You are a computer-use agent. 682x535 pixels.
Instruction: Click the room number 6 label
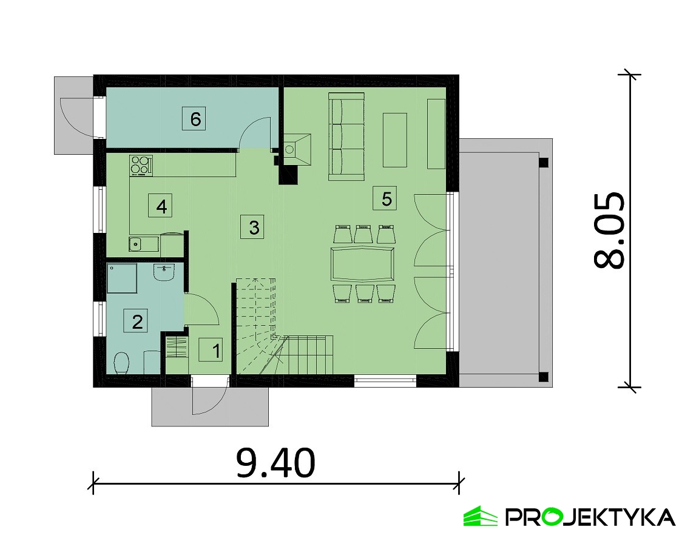point(195,119)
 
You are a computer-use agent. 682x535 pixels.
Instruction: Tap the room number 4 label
point(161,206)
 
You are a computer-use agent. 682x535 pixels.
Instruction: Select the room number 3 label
point(254,227)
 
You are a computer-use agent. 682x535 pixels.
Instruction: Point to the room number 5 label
point(385,198)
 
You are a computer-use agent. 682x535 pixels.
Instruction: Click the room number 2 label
point(135,321)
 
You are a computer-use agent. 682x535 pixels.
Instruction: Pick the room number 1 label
point(211,350)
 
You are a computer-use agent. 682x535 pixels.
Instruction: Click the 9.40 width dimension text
point(275,463)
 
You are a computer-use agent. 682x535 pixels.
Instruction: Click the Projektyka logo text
point(590,517)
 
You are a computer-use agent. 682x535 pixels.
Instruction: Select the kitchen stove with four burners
point(141,166)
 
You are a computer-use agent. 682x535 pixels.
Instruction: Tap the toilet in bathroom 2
point(121,363)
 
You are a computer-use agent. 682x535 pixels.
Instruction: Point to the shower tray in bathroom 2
point(122,278)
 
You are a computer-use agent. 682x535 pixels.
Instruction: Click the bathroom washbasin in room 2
point(164,272)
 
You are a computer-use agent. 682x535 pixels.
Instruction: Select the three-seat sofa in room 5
point(346,136)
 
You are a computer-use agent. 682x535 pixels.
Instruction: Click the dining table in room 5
point(362,264)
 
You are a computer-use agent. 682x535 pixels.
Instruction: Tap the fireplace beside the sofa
point(297,150)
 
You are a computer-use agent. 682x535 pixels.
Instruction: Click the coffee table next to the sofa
point(395,140)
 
